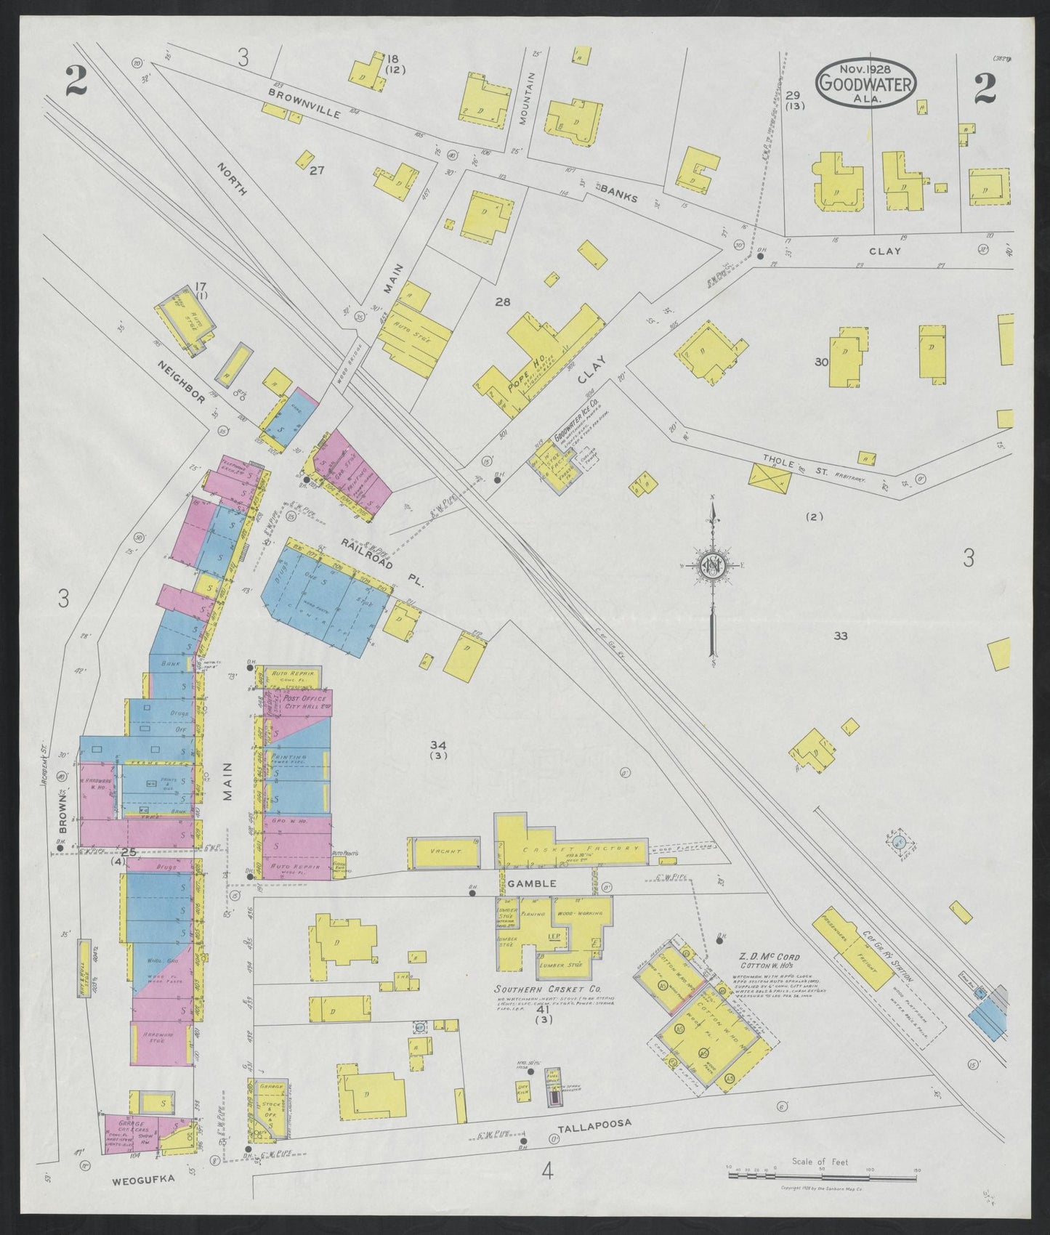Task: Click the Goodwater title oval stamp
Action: [x=865, y=84]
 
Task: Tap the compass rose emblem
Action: [x=714, y=567]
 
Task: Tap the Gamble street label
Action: [x=537, y=883]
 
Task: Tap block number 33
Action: [x=841, y=636]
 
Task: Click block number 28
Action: [x=503, y=301]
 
